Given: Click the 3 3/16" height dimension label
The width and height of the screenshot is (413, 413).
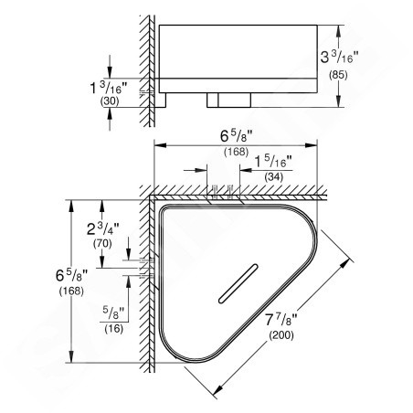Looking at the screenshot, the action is tap(339, 57).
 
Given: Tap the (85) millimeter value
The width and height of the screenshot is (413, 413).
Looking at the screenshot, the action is tap(338, 75).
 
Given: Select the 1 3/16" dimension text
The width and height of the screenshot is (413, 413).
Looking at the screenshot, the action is tap(108, 88).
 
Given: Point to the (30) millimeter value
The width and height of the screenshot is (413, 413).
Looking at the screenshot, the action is tap(110, 101).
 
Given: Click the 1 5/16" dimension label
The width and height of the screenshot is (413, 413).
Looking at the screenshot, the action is tap(273, 162).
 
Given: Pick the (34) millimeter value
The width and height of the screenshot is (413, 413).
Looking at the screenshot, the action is tap(274, 176).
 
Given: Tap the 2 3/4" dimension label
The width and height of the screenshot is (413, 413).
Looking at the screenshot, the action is tap(103, 228).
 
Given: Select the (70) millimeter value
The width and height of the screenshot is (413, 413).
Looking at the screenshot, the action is tap(102, 244).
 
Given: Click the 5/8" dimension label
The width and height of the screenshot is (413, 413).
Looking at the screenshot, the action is tap(113, 312).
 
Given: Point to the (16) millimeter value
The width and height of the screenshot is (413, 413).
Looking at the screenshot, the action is tap(114, 329).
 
